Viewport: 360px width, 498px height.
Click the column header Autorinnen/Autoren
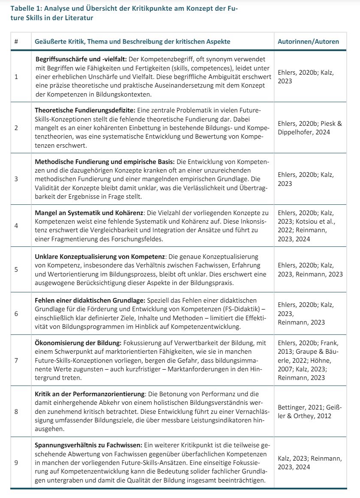coord(308,42)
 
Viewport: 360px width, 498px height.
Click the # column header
coord(16,42)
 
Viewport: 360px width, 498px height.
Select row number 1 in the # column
coord(16,77)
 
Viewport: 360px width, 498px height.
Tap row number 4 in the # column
coord(16,225)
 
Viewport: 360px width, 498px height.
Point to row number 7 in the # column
coord(16,360)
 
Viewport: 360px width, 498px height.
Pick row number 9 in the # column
coord(16,463)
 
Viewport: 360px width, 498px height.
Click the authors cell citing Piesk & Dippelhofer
coord(309,128)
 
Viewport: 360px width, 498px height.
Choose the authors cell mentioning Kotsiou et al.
coord(309,225)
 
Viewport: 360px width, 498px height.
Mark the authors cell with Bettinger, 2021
coord(309,411)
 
